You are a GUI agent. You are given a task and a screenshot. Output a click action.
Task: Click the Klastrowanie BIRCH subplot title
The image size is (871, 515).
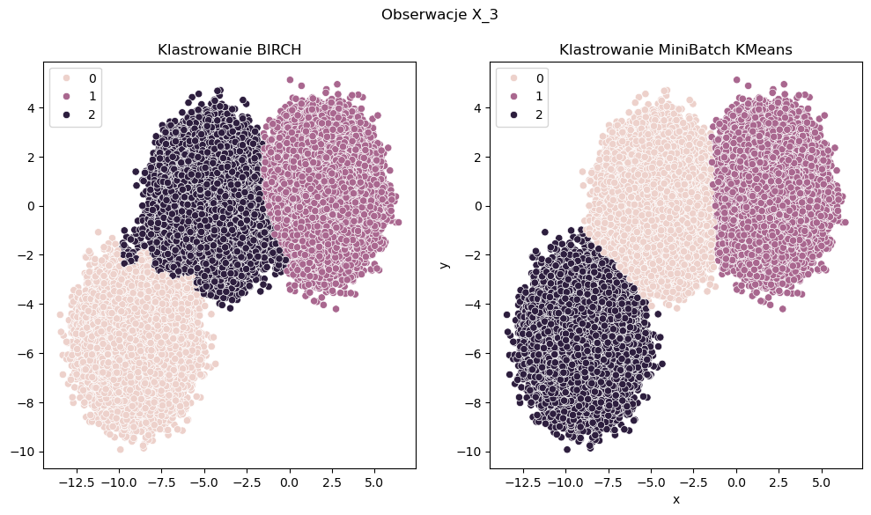tap(230, 50)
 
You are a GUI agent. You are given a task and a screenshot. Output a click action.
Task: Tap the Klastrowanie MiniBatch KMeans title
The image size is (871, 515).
tap(675, 50)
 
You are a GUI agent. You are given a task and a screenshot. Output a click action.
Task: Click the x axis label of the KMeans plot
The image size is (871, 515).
tap(675, 499)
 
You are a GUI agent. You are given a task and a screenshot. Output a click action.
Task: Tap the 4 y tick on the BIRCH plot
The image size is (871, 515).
tap(32, 108)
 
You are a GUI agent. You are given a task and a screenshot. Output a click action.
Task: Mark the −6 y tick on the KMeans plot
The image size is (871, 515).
tap(475, 353)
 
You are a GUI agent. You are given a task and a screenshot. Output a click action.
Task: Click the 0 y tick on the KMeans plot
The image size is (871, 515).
tap(478, 206)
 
